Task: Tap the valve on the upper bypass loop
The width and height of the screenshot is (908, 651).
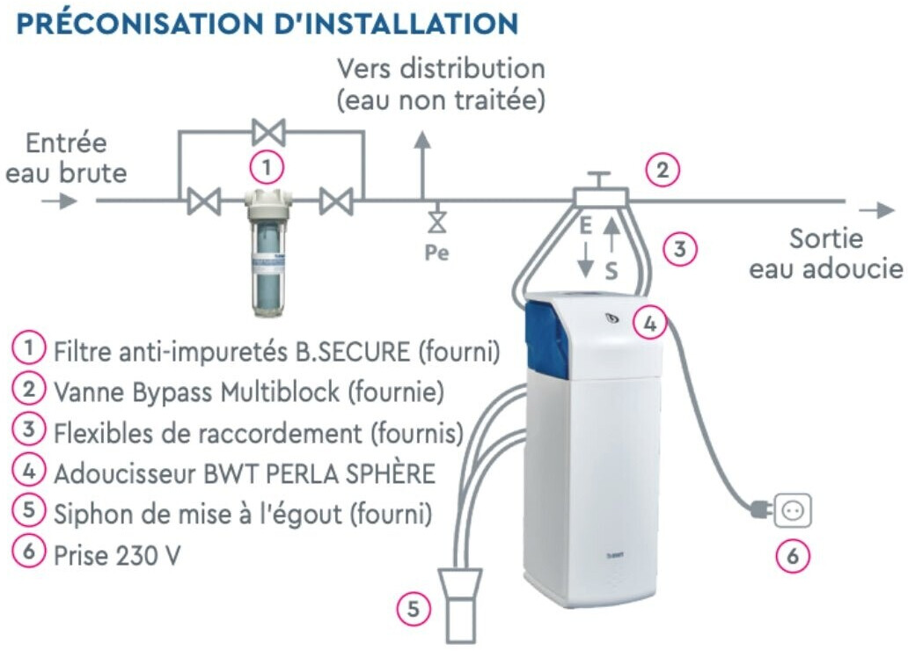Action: (x=267, y=133)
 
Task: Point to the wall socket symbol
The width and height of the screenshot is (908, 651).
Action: (x=792, y=510)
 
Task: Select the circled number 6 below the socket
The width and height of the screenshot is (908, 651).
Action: (x=792, y=556)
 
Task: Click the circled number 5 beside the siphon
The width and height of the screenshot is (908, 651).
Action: (x=413, y=608)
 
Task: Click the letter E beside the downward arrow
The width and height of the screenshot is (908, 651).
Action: (x=585, y=226)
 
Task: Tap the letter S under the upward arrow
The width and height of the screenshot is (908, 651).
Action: (x=611, y=271)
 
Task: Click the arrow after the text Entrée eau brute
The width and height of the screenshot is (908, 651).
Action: (x=59, y=201)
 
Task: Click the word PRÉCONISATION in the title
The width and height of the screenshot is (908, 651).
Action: (x=119, y=24)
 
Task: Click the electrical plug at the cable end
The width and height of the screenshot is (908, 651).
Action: (x=758, y=508)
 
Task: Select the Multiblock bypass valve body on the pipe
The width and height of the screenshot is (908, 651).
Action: (x=599, y=195)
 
